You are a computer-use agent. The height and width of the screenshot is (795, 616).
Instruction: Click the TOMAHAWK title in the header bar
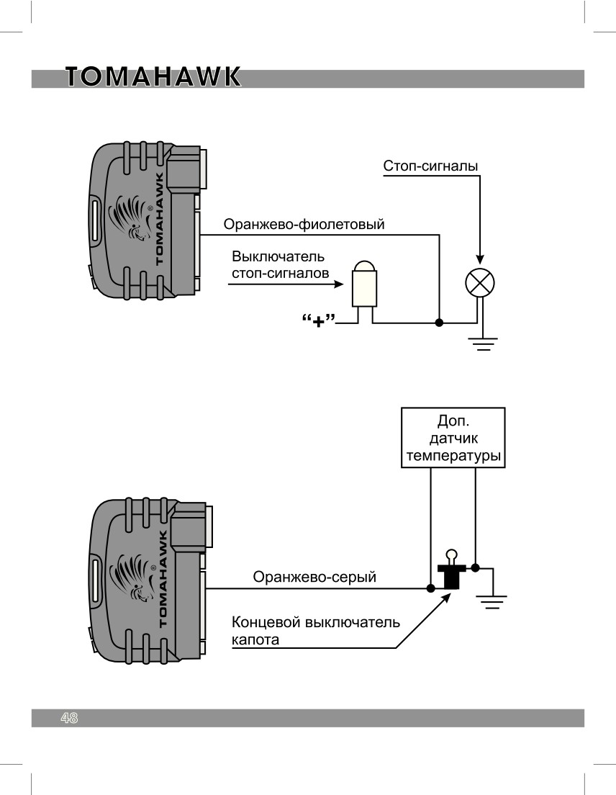[153, 77]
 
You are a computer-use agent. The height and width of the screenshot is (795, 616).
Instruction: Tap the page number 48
[69, 717]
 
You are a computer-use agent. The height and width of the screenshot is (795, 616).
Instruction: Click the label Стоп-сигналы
[430, 166]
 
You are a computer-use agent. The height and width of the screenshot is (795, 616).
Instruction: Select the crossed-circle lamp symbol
[480, 282]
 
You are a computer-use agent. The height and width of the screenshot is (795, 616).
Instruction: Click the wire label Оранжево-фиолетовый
[304, 224]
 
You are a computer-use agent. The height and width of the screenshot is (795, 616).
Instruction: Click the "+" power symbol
[319, 321]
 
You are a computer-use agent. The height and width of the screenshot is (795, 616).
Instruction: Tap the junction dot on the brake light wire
[439, 323]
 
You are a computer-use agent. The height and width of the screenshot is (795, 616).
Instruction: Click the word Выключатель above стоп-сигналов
[278, 256]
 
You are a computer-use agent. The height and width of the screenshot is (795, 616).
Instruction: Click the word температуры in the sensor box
[453, 456]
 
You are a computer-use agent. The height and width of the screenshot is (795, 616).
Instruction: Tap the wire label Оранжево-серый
[314, 577]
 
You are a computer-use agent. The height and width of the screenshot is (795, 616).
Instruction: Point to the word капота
[255, 640]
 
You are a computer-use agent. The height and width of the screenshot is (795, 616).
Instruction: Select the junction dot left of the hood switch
[430, 588]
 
